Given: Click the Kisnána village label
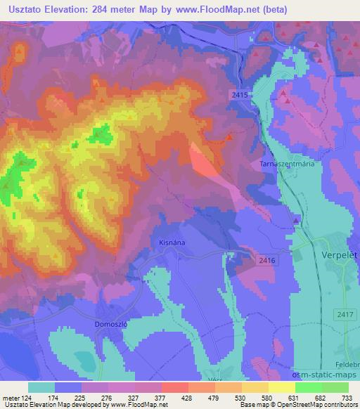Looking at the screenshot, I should (167, 244).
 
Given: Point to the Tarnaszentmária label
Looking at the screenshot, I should (285, 163).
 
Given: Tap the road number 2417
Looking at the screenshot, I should (345, 314).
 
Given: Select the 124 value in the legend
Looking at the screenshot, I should (28, 397).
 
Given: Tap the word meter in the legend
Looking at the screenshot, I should (11, 397).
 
